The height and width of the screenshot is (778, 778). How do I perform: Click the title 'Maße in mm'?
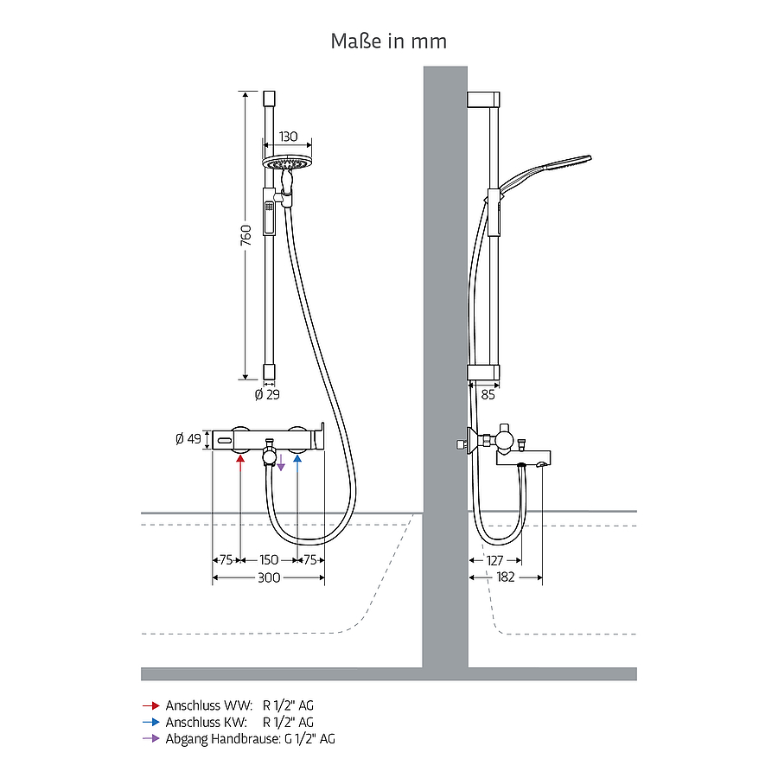click(x=388, y=41)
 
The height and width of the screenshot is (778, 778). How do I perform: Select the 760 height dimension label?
click(x=246, y=234)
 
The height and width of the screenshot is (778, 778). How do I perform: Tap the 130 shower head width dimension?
click(x=288, y=137)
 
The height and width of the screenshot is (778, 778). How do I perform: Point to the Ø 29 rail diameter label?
click(x=267, y=394)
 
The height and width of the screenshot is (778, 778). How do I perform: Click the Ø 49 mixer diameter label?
click(x=188, y=438)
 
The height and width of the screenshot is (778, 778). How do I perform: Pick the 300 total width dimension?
click(x=269, y=577)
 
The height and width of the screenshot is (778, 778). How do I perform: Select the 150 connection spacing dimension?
click(x=269, y=559)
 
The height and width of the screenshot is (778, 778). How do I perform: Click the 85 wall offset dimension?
click(x=488, y=394)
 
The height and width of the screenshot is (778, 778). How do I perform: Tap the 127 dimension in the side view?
click(x=494, y=561)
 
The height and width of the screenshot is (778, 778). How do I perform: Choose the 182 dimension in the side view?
click(x=505, y=577)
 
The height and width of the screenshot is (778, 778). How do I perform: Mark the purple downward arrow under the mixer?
click(x=281, y=462)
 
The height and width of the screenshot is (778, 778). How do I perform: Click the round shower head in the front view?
click(x=284, y=163)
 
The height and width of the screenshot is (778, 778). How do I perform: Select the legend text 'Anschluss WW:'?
click(x=209, y=705)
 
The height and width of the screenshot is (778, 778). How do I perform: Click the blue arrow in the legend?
click(x=150, y=722)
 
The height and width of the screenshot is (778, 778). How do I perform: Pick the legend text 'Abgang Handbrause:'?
click(x=223, y=739)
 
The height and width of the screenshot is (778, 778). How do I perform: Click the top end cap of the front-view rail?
click(x=269, y=98)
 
